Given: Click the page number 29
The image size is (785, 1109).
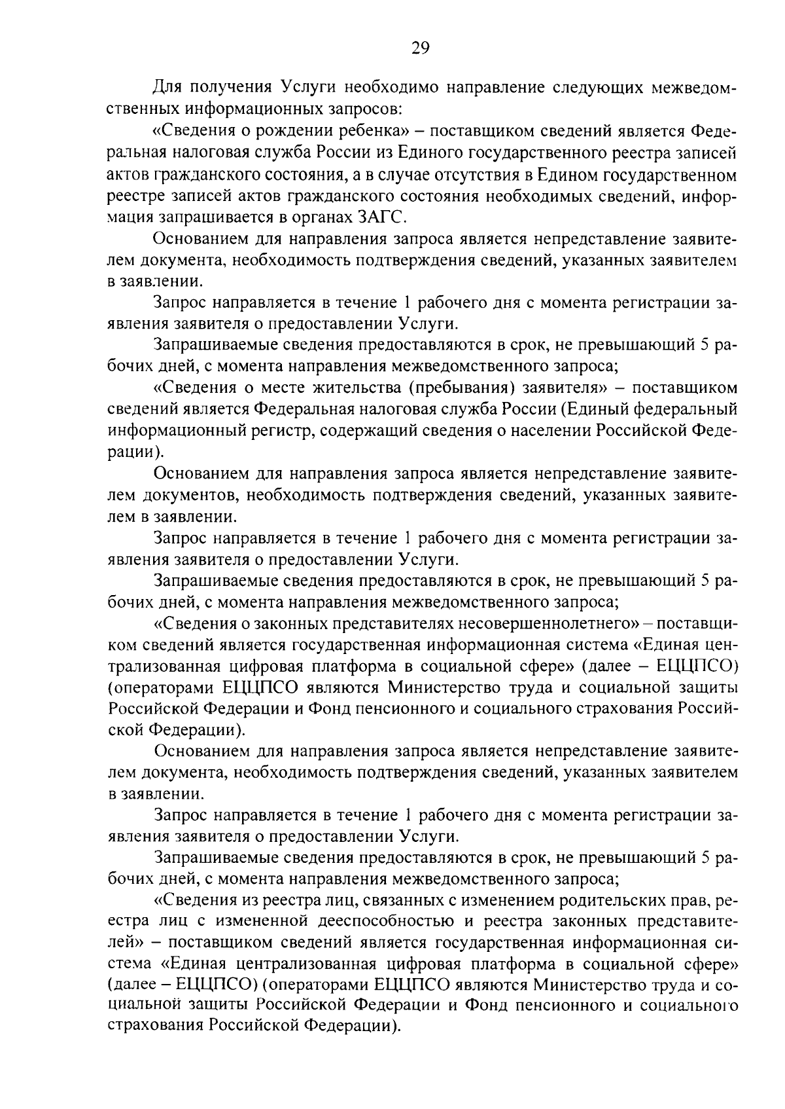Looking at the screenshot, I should tap(420, 48).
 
